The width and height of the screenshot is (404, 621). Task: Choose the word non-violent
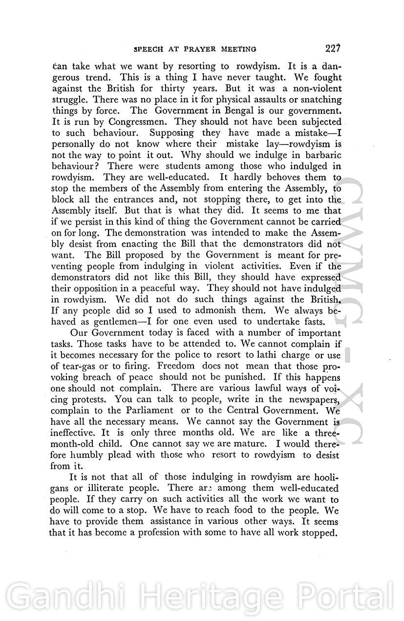point(314,88)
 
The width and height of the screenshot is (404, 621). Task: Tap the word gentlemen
point(107,322)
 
